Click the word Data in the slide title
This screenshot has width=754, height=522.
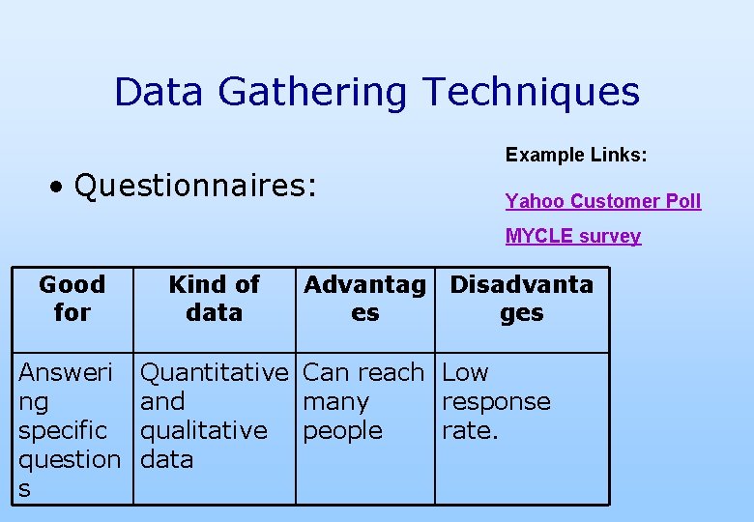tap(160, 92)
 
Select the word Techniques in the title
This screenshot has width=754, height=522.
tap(531, 92)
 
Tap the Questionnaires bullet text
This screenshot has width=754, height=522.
tap(195, 186)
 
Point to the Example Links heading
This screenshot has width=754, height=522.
tap(576, 155)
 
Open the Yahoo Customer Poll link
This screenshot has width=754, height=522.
tap(602, 201)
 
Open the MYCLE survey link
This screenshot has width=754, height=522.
tap(572, 236)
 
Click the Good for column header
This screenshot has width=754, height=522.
tap(72, 298)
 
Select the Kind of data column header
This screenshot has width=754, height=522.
tap(214, 298)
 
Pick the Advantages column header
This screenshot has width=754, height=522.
tap(364, 298)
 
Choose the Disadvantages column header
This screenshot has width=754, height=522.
tap(522, 298)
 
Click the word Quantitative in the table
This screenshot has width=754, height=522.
tap(215, 372)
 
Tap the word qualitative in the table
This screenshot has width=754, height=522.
tap(204, 430)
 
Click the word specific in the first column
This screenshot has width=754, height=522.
tap(63, 430)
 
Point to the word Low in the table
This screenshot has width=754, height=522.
tap(465, 372)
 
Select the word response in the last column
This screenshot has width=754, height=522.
tap(496, 401)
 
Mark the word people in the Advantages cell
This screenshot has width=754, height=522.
tap(342, 430)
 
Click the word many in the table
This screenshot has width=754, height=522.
tap(335, 401)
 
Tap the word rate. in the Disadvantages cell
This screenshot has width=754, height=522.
tap(470, 430)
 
